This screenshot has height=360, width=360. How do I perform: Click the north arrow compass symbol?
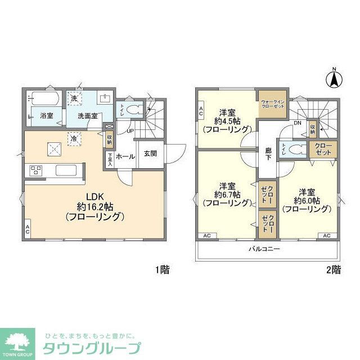pyautogui.click(x=333, y=79)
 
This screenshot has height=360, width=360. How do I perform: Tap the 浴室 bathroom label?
pyautogui.click(x=47, y=116)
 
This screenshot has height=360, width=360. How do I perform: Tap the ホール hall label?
pyautogui.click(x=125, y=156)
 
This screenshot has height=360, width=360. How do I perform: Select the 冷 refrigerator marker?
pyautogui.click(x=74, y=137)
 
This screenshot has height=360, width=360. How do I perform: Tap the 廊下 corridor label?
pyautogui.click(x=268, y=154)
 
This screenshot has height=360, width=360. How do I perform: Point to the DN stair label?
pyautogui.click(x=298, y=124)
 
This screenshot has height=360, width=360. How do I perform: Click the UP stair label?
pyautogui.click(x=129, y=131)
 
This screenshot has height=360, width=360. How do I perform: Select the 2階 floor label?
pyautogui.click(x=333, y=269)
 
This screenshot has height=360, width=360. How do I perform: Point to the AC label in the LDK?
pyautogui.click(x=27, y=231)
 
